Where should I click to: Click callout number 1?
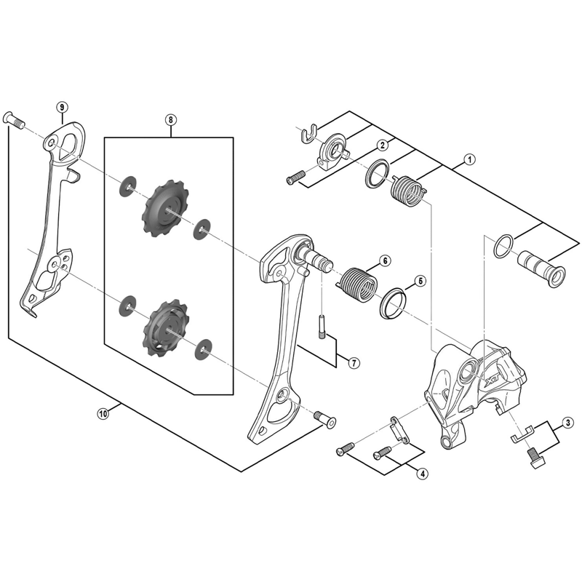pos(470,158)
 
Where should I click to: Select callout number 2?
pos(381,145)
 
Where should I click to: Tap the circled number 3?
pos(567,423)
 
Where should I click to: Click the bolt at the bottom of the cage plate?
pos(324,420)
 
